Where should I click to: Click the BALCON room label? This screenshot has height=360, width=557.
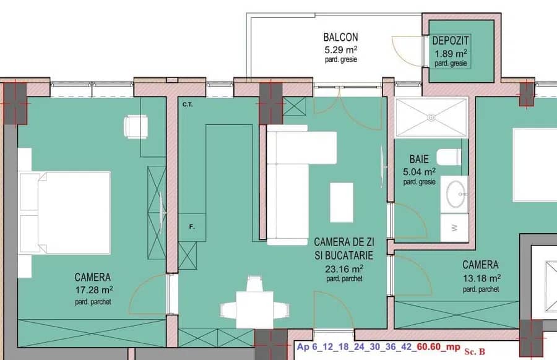(x=340, y=37)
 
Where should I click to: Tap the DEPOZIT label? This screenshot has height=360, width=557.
(x=451, y=40)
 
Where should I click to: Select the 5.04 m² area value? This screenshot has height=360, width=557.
(x=419, y=172)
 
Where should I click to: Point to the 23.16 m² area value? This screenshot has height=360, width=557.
(x=344, y=268)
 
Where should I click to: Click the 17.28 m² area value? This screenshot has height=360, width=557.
(x=94, y=290)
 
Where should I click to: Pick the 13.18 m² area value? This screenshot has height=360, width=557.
(x=481, y=278)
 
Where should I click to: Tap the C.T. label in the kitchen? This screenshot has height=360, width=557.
(x=188, y=105)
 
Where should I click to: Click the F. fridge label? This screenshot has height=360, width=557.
(x=192, y=226)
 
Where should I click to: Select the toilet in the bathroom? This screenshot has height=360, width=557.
(x=449, y=157)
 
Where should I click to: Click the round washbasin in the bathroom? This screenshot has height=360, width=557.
(x=456, y=194)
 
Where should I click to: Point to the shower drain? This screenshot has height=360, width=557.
(x=431, y=117)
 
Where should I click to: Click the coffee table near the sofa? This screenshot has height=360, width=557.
(x=342, y=202)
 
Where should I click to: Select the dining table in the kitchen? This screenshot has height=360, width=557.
(x=255, y=309)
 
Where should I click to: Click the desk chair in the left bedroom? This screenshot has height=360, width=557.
(x=136, y=126)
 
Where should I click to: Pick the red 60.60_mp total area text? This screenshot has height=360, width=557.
(x=439, y=346)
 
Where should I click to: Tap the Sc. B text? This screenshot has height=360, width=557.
(x=475, y=351)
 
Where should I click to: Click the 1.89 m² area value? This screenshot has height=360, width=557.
(x=451, y=54)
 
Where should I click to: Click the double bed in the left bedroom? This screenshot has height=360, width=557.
(x=64, y=213)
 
